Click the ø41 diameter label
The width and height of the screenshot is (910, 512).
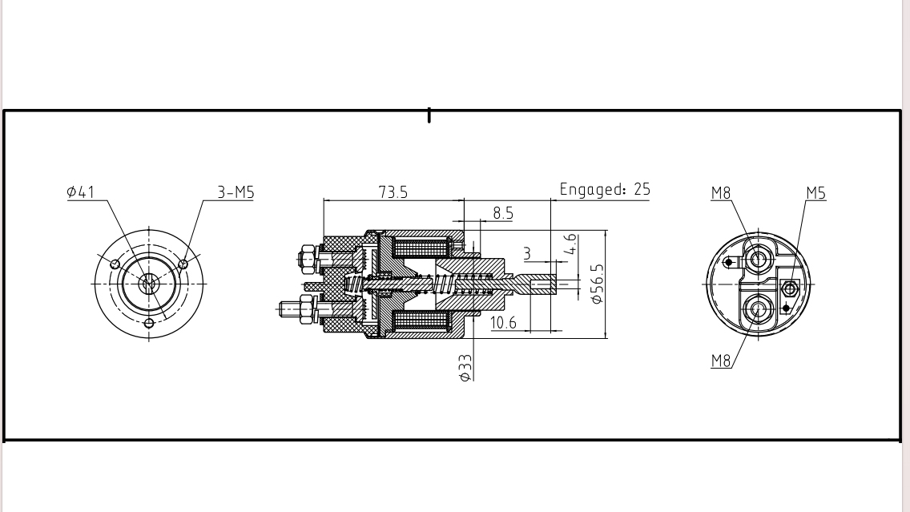click(80, 192)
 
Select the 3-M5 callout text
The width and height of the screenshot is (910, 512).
click(236, 192)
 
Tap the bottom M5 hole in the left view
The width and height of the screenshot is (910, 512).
click(149, 324)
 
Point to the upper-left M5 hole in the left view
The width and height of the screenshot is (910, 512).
click(115, 264)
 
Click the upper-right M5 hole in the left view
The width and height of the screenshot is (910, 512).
click(183, 264)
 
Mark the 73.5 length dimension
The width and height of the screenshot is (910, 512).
click(393, 192)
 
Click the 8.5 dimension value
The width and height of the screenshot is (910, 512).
click(503, 214)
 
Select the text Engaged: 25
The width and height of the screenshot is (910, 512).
click(605, 190)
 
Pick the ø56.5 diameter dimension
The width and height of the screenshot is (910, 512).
click(597, 284)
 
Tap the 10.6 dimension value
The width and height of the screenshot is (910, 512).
click(503, 322)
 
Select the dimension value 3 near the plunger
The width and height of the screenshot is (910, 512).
click(527, 254)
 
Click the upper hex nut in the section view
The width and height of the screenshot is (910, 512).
click(306, 259)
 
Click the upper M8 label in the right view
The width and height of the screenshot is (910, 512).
click(721, 193)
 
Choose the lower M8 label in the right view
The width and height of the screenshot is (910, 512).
click(721, 361)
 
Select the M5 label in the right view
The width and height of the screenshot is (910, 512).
click(815, 193)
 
